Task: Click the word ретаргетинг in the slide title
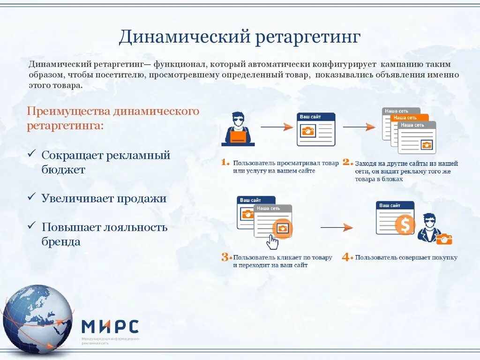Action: (308, 37)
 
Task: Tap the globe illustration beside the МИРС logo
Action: (37, 319)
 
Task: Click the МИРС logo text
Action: (110, 326)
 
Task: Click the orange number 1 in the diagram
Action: (225, 163)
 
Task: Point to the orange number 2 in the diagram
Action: (347, 163)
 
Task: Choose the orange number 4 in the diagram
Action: (347, 257)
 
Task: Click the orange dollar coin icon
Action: (405, 225)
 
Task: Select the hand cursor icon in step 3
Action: (272, 242)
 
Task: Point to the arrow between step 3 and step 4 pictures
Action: (337, 227)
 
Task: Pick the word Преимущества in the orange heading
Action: (68, 112)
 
